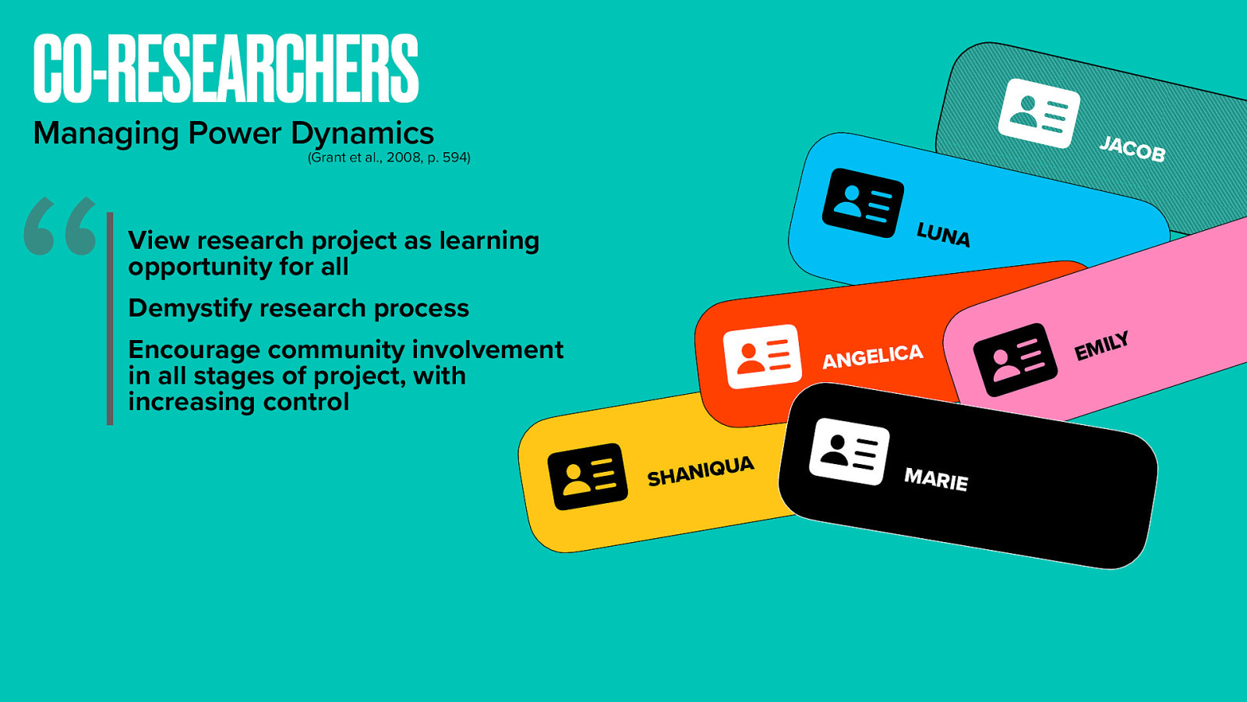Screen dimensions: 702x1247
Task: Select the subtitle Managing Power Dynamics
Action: (x=234, y=133)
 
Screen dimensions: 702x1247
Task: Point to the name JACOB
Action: (x=1132, y=148)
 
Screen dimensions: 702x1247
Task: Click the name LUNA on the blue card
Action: (x=943, y=234)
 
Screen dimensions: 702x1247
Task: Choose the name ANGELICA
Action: (x=873, y=356)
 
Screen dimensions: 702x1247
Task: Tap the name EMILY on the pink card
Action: (x=1101, y=346)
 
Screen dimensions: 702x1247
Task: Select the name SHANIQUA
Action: (x=701, y=471)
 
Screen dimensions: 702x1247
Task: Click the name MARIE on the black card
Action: (x=936, y=478)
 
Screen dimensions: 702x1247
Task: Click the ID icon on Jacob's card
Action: (x=1039, y=113)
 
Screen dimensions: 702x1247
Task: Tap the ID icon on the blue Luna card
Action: (x=863, y=203)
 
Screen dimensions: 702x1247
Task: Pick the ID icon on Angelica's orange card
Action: (x=762, y=356)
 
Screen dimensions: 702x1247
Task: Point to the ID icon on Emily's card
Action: (x=1015, y=360)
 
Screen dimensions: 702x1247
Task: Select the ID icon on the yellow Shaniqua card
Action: (x=588, y=477)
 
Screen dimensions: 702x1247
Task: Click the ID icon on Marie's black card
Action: (x=849, y=451)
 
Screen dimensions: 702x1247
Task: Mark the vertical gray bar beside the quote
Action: (x=110, y=318)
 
